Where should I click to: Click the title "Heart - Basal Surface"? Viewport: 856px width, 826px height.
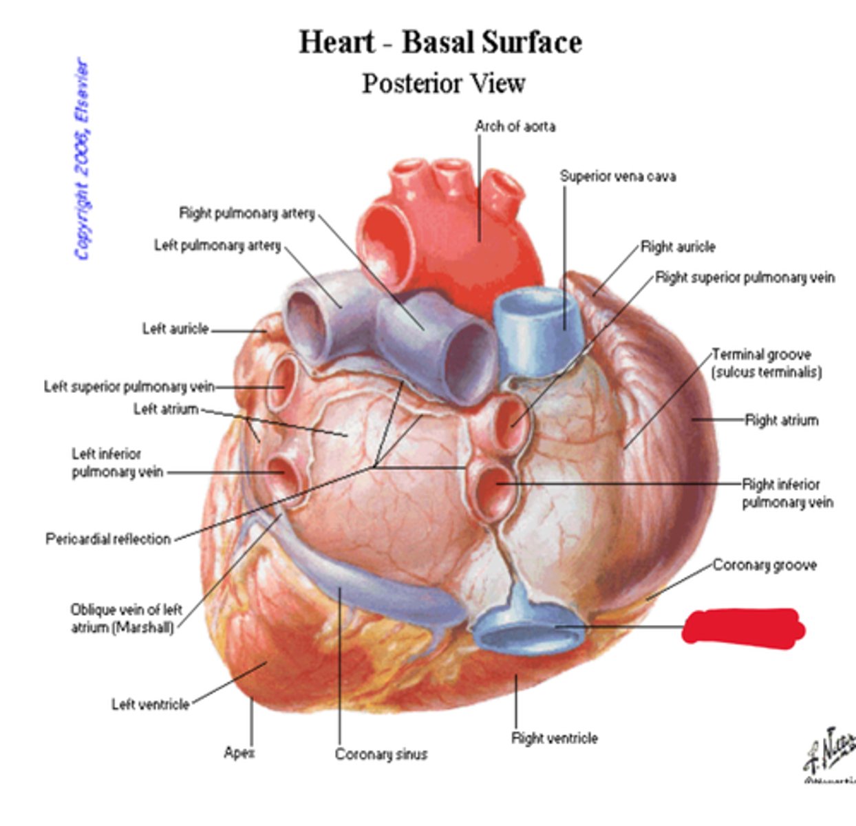[x=440, y=43]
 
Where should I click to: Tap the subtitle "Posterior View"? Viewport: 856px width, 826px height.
[x=444, y=83]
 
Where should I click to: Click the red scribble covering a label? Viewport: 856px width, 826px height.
[x=743, y=627]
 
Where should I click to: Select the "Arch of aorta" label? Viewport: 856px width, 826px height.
[x=515, y=127]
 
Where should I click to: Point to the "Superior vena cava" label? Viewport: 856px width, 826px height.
[x=617, y=176]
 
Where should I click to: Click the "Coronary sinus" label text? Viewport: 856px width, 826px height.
[x=381, y=754]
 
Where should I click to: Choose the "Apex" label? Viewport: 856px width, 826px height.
[x=239, y=753]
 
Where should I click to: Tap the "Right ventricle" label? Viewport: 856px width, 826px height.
[x=554, y=739]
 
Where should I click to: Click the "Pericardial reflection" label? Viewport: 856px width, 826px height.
[x=108, y=539]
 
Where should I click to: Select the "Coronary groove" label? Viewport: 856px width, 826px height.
[x=764, y=565]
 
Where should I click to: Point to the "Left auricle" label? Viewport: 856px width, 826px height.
[x=175, y=329]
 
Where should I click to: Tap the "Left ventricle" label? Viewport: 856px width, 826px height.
[x=150, y=704]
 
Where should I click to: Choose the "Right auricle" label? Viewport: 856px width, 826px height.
[x=678, y=247]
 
